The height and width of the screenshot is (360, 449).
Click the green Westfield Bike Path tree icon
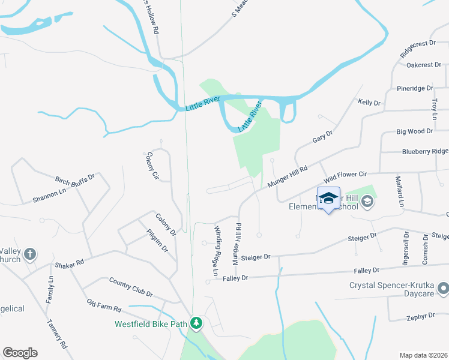pos(196,323)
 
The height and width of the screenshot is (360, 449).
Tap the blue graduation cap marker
pos(328,199)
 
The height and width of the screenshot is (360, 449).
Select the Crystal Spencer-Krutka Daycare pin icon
pos(443,290)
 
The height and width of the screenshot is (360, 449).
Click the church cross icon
pos(31,255)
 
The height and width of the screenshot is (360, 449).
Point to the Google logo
pos(20,353)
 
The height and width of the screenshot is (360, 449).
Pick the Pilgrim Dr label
pos(156,241)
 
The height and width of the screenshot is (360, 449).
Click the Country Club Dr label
pos(131,287)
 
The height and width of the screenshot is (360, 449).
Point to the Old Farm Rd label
pos(104,305)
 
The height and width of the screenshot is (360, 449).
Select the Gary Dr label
pos(322,137)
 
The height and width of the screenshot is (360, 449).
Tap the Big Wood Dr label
pos(415,131)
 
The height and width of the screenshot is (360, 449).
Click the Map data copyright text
pos(423,355)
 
